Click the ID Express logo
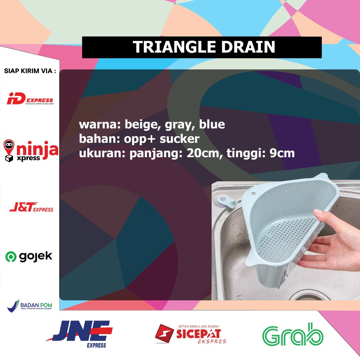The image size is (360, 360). click(30, 100)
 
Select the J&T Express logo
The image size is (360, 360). click(31, 208)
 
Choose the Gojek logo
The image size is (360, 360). click(29, 257)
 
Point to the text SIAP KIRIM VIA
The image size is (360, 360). click(30, 71)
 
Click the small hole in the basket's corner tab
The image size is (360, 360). click(254, 193)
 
